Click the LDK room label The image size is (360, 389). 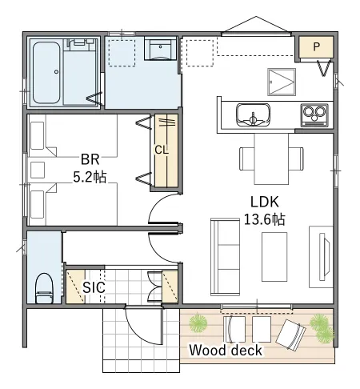(x=265, y=202)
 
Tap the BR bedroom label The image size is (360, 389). (x=90, y=159)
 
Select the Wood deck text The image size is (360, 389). (x=226, y=350)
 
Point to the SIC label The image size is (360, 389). (x=94, y=287)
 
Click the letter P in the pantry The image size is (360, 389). (x=316, y=47)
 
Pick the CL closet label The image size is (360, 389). (x=162, y=150)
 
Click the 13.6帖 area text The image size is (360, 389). (x=265, y=219)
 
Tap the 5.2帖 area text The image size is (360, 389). (x=90, y=177)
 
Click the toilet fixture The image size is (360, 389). (x=45, y=288)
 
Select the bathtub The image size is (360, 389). (x=46, y=73)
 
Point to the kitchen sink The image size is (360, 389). (x=253, y=114)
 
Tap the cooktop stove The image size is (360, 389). (x=314, y=115)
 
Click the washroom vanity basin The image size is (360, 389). (x=160, y=50)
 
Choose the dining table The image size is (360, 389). (x=271, y=158)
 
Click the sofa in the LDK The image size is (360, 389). (x=225, y=257)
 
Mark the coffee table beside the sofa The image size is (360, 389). (x=274, y=257)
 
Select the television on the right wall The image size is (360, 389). (x=325, y=257)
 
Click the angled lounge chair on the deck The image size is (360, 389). (x=290, y=335)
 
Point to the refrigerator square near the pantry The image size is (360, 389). (x=282, y=82)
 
